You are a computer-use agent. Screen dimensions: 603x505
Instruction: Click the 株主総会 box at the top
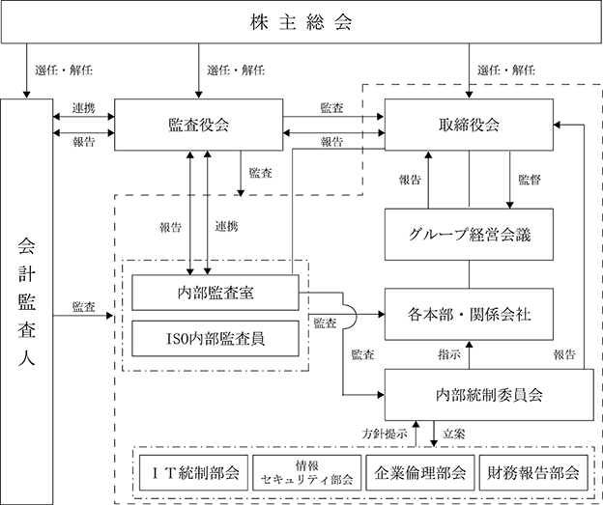[301, 21]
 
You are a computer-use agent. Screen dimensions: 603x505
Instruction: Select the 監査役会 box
[198, 125]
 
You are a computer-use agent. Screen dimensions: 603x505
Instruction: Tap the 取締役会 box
[469, 125]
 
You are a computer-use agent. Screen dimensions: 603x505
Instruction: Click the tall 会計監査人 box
[26, 301]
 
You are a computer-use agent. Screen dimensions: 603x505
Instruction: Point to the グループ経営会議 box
[469, 235]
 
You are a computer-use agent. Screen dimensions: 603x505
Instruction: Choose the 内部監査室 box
[215, 293]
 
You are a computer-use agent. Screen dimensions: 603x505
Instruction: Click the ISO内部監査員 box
[215, 339]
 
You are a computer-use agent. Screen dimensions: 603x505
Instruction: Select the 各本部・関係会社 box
[469, 314]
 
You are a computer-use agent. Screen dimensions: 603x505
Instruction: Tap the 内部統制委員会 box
[489, 395]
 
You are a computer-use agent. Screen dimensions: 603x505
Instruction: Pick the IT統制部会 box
[193, 473]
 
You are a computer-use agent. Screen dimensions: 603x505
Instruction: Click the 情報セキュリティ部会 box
[307, 473]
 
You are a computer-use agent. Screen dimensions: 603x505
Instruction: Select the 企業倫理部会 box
[420, 473]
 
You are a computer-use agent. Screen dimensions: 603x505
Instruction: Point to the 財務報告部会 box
[533, 473]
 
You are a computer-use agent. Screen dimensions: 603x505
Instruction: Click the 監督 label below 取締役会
[530, 180]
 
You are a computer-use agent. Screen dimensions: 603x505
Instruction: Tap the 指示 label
[448, 354]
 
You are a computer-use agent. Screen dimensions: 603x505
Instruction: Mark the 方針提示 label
[385, 434]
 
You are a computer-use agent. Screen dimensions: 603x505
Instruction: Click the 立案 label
[454, 434]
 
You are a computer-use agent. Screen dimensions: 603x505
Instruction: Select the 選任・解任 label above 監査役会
[236, 70]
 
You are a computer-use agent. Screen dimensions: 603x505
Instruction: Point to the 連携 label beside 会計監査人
[83, 108]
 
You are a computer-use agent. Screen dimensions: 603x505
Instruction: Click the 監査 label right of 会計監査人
[83, 307]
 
